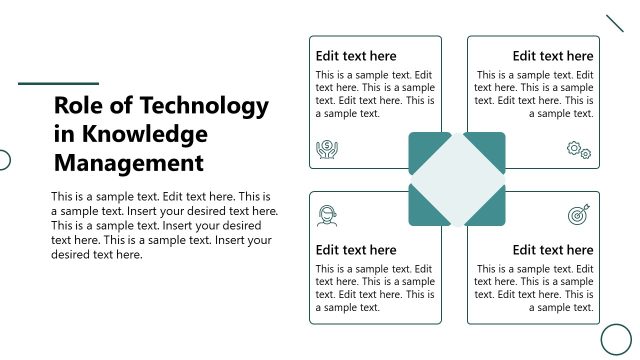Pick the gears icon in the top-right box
(x=579, y=150)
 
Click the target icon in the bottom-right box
(x=578, y=214)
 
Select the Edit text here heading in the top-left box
(x=356, y=56)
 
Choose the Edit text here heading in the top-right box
(x=553, y=56)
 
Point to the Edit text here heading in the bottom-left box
(x=356, y=250)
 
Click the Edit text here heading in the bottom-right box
(x=553, y=250)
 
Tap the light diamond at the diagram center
(x=457, y=180)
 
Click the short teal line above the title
(x=59, y=83)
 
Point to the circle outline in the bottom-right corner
(x=616, y=339)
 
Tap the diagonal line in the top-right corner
(x=615, y=23)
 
